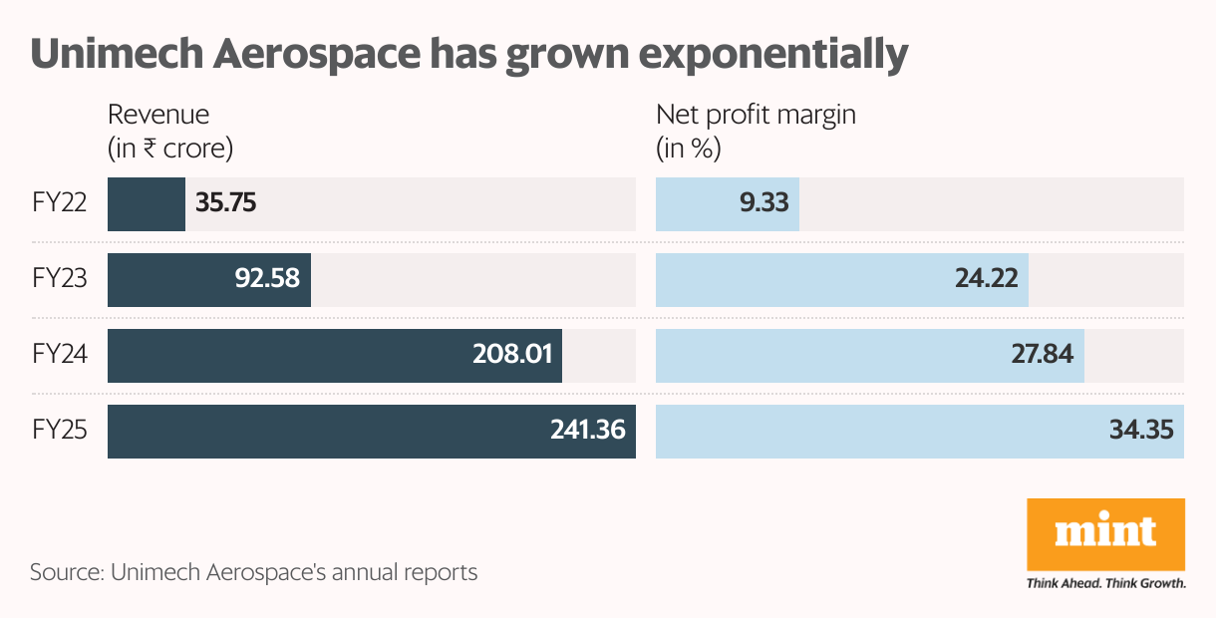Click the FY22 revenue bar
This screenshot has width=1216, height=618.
click(x=146, y=204)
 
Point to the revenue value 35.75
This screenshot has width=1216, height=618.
click(x=226, y=204)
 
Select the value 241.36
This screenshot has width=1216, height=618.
click(x=587, y=432)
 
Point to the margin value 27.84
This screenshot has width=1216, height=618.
click(x=1042, y=356)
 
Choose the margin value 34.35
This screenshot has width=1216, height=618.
click(x=1140, y=432)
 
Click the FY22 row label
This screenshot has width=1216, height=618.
click(x=59, y=204)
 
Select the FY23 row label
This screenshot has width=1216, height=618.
click(x=59, y=280)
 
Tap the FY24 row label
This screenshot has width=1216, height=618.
click(x=59, y=356)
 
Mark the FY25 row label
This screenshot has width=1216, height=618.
click(x=59, y=432)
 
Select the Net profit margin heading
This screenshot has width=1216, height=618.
click(x=756, y=115)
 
